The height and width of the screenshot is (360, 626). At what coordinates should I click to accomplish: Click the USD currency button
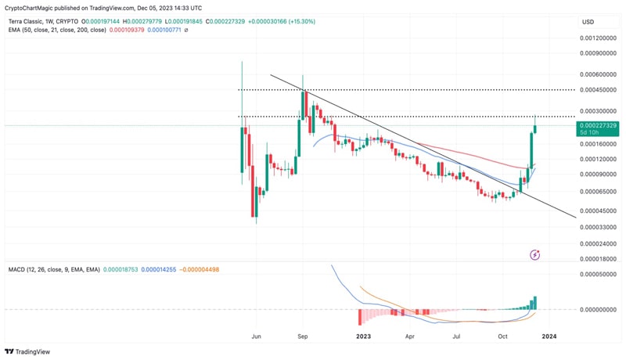[588, 21]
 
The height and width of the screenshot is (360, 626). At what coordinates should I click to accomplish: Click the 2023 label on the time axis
[362, 336]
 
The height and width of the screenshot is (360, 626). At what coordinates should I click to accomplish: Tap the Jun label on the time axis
[256, 336]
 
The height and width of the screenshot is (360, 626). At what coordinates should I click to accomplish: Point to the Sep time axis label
[304, 336]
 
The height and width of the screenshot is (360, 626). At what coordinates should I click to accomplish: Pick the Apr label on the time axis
[408, 336]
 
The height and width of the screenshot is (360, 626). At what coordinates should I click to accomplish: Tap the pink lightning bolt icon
[535, 254]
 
